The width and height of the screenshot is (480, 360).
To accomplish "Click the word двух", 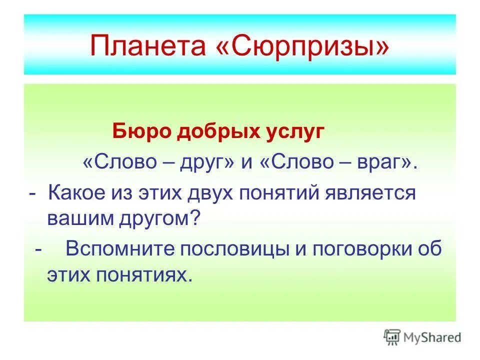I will [x=213, y=192].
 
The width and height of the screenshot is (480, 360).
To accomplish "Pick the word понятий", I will [x=285, y=192].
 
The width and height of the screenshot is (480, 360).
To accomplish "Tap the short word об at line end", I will [x=429, y=248].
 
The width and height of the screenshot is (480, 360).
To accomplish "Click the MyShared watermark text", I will [x=432, y=337].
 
